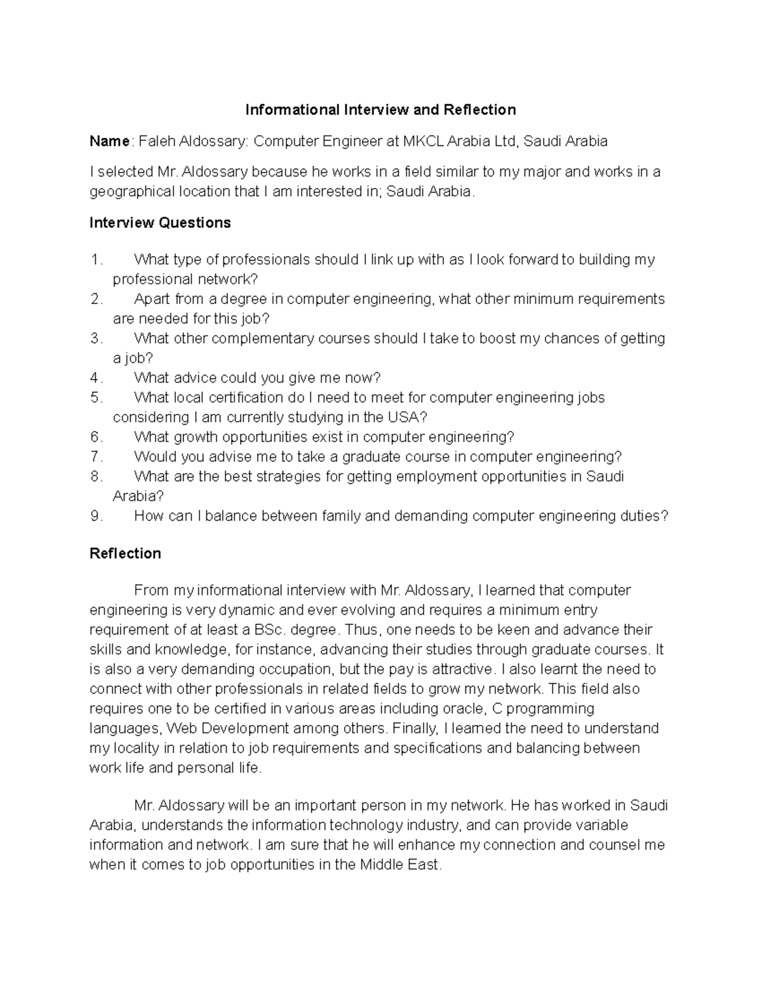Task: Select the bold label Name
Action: [x=109, y=141]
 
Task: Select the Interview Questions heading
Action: [x=160, y=223]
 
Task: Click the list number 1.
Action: [x=96, y=260]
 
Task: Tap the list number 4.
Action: [x=96, y=378]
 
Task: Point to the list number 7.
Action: [x=96, y=456]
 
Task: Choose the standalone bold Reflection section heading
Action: [x=125, y=554]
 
